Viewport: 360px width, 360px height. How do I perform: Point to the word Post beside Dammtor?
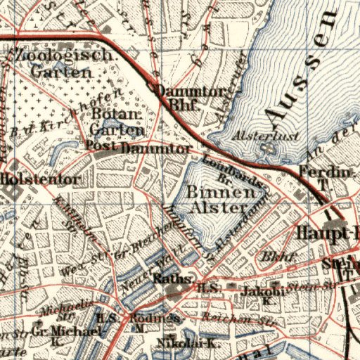click(101, 146)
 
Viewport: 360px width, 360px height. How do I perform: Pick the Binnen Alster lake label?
click(219, 199)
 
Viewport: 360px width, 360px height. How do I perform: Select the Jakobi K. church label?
click(262, 294)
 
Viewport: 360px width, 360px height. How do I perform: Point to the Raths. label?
click(167, 278)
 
